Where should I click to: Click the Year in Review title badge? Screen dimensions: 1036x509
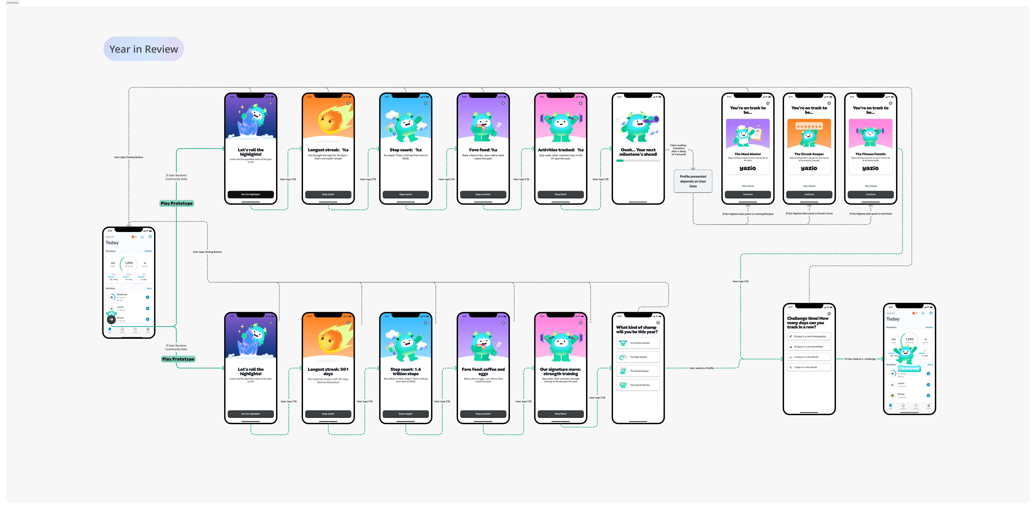click(144, 49)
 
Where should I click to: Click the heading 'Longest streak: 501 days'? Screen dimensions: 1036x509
click(328, 371)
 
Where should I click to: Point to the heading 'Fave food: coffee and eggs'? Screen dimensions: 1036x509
click(483, 371)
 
